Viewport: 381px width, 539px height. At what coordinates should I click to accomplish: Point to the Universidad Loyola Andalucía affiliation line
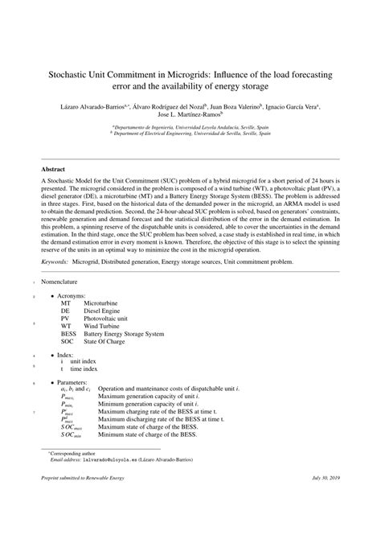[190, 127]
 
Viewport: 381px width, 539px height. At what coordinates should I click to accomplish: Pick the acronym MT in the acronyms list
[65, 303]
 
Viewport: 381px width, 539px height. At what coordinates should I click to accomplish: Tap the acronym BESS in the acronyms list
[68, 332]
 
